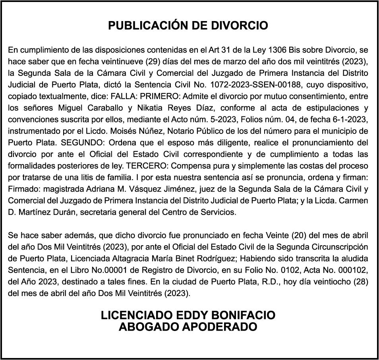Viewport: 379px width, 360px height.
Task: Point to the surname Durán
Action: pyautogui.click(x=63, y=212)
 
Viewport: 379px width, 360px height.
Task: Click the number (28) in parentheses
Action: pyautogui.click(x=362, y=281)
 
